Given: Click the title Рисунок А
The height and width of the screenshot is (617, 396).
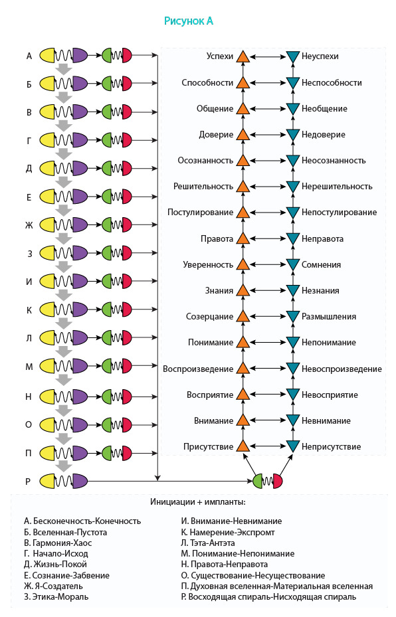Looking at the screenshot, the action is tap(189, 21).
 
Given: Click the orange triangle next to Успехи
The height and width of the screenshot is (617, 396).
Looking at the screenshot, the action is tap(243, 56).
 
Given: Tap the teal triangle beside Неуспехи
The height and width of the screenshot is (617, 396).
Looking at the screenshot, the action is tap(292, 56).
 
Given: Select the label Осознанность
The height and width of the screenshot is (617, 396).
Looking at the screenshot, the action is tap(205, 161).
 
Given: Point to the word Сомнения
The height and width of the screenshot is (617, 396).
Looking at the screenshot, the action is tap(321, 265).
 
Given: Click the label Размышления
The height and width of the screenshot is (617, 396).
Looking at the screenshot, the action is tap(329, 317).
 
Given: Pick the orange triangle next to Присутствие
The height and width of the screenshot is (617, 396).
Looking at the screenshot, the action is tap(243, 446).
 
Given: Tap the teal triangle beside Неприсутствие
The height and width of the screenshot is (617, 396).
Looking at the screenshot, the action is tap(292, 446).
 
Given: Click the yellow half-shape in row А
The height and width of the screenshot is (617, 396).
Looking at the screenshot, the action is tap(47, 56).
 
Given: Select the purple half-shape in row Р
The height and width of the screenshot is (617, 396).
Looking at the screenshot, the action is tap(80, 481).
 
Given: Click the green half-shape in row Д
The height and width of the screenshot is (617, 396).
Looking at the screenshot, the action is tap(108, 169).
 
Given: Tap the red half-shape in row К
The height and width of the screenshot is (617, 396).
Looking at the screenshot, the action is tap(127, 309).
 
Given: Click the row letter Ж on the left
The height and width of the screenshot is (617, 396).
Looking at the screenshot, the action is tap(29, 225).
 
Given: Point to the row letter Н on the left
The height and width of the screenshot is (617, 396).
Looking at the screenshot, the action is tap(29, 397).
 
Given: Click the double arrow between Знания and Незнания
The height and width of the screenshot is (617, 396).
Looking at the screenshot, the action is tap(268, 291).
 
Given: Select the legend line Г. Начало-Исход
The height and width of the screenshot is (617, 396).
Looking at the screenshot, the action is tap(56, 554).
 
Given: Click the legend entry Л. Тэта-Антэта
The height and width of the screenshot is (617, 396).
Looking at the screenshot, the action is tap(208, 543).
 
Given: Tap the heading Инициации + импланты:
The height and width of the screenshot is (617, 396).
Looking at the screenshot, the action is tap(198, 502).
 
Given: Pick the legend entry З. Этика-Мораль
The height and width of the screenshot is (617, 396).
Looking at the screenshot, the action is tap(56, 597).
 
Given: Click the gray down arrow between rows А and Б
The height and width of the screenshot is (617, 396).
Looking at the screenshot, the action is tap(63, 70).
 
